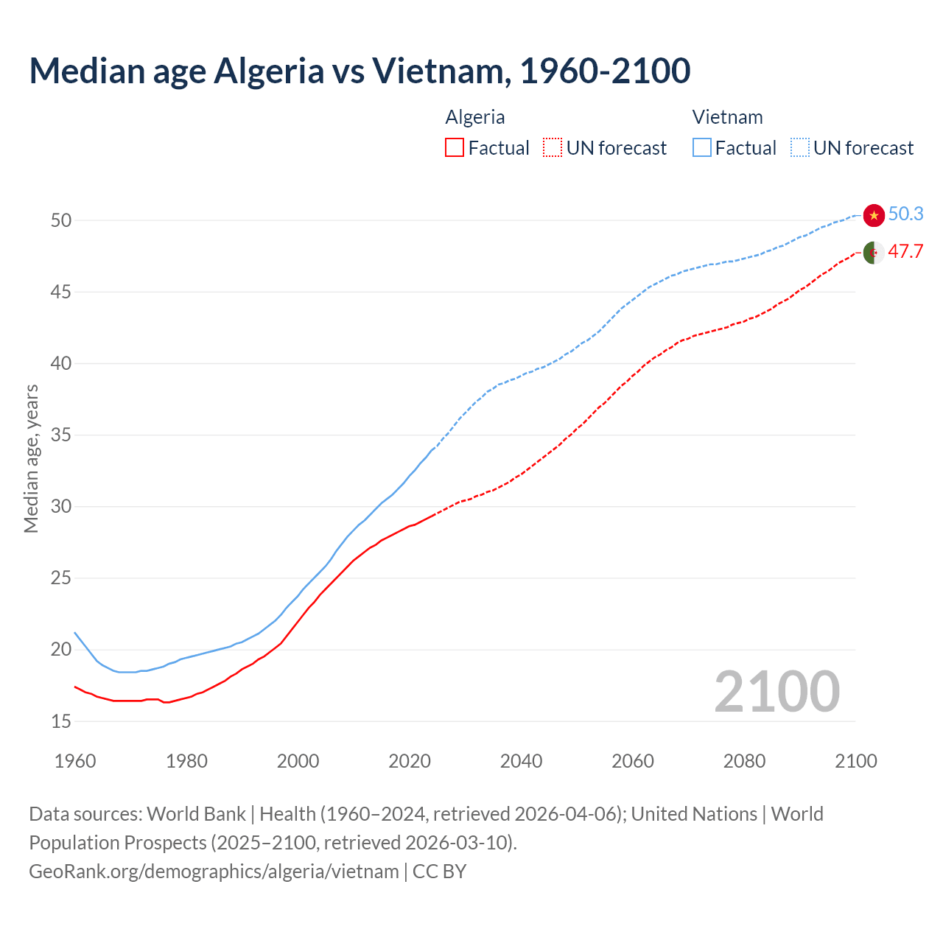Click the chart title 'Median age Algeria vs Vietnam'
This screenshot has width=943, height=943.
[x=360, y=71]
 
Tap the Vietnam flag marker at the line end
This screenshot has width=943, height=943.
[x=874, y=215]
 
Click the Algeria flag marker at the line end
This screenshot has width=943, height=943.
[x=874, y=252]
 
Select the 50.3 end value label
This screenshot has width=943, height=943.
[x=905, y=214]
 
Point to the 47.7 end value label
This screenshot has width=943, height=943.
[x=905, y=251]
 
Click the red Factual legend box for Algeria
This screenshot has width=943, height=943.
[x=455, y=148]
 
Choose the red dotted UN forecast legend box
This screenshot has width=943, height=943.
[x=553, y=148]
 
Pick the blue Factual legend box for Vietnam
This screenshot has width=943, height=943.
[x=702, y=148]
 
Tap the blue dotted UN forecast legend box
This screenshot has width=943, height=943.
[x=800, y=148]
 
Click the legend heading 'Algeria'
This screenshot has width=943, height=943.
[x=475, y=117]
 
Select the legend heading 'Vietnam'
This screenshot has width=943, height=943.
[x=727, y=117]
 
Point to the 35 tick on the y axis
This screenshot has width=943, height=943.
[x=61, y=435]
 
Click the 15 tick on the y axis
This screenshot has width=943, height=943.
[x=61, y=721]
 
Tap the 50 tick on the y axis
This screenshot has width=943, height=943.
[x=61, y=220]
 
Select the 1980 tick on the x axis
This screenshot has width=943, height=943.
[x=186, y=760]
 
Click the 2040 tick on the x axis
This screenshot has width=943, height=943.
[x=521, y=760]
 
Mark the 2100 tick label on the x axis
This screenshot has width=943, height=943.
[x=855, y=760]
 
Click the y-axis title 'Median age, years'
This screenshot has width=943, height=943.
[x=31, y=458]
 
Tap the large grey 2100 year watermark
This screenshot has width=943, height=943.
[x=777, y=691]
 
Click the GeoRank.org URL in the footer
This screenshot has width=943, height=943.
[x=214, y=871]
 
